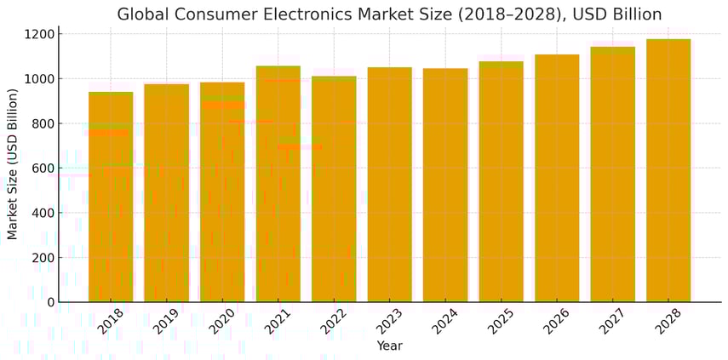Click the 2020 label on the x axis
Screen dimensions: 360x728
(221, 322)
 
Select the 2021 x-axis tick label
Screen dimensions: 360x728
(276, 322)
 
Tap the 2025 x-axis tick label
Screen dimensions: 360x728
(499, 322)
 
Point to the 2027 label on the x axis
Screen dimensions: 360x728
(610, 322)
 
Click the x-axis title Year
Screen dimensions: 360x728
(389, 346)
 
